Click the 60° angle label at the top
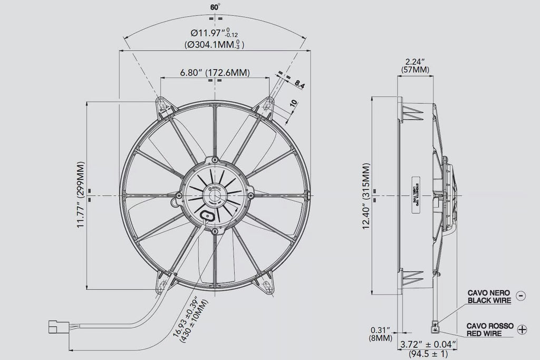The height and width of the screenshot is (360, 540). (x=215, y=7)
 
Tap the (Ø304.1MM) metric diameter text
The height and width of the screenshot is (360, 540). (x=215, y=45)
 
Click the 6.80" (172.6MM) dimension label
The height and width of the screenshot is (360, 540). (x=215, y=72)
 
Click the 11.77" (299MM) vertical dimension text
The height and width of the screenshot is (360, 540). (x=80, y=195)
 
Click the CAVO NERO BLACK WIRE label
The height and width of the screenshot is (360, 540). (x=489, y=296)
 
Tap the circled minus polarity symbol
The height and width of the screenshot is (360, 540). (x=521, y=296)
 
